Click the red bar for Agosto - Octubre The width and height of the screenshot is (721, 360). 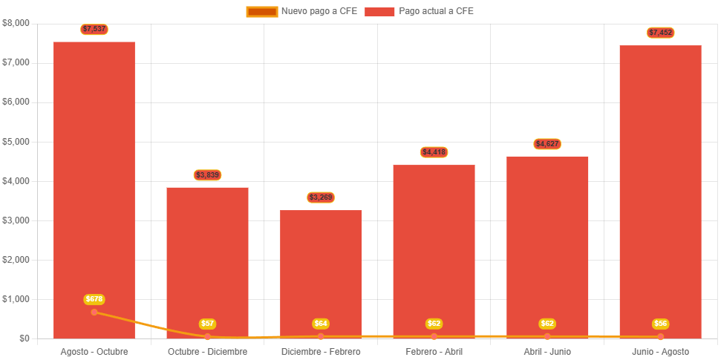tap(94, 186)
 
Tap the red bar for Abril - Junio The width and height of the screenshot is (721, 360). tap(547, 245)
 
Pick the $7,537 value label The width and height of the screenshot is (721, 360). tap(94, 29)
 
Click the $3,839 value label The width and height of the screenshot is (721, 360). tap(208, 175)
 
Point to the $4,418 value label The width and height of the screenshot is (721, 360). tap(434, 152)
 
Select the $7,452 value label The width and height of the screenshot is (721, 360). tap(660, 33)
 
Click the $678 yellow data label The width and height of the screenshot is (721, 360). tap(94, 299)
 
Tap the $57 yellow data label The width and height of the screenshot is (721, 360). tap(208, 324)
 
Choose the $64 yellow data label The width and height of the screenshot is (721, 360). tap(321, 324)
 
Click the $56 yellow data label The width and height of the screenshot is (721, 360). tap(660, 324)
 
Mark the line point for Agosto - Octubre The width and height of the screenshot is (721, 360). tap(94, 312)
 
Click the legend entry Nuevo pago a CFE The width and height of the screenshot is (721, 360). tap(302, 11)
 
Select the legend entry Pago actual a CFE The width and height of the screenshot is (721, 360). tap(420, 11)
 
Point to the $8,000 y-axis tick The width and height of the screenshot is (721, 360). tap(16, 23)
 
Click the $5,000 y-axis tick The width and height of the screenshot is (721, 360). tap(16, 141)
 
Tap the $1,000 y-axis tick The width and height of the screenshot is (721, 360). tap(16, 299)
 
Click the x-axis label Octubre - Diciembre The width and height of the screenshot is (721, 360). tap(208, 352)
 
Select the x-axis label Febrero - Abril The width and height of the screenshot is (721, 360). tap(434, 352)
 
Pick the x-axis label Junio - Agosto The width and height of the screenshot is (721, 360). tap(660, 352)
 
